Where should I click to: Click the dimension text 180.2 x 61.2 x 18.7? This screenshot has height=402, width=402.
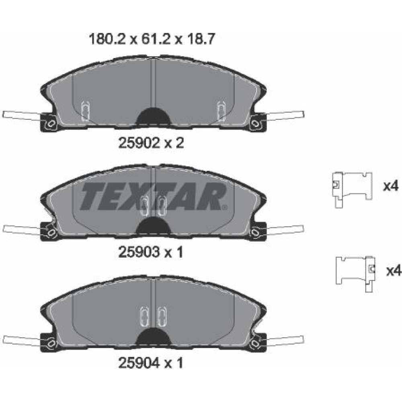tap(151, 39)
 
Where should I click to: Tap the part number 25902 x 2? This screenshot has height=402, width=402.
tap(151, 143)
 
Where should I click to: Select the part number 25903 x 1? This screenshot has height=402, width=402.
tap(151, 252)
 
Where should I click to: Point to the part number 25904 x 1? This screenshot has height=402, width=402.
tap(151, 363)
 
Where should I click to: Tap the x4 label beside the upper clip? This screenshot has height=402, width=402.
tap(391, 186)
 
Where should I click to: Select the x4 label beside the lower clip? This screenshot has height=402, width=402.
tap(394, 271)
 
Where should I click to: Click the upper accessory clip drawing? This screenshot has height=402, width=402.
tap(352, 189)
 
